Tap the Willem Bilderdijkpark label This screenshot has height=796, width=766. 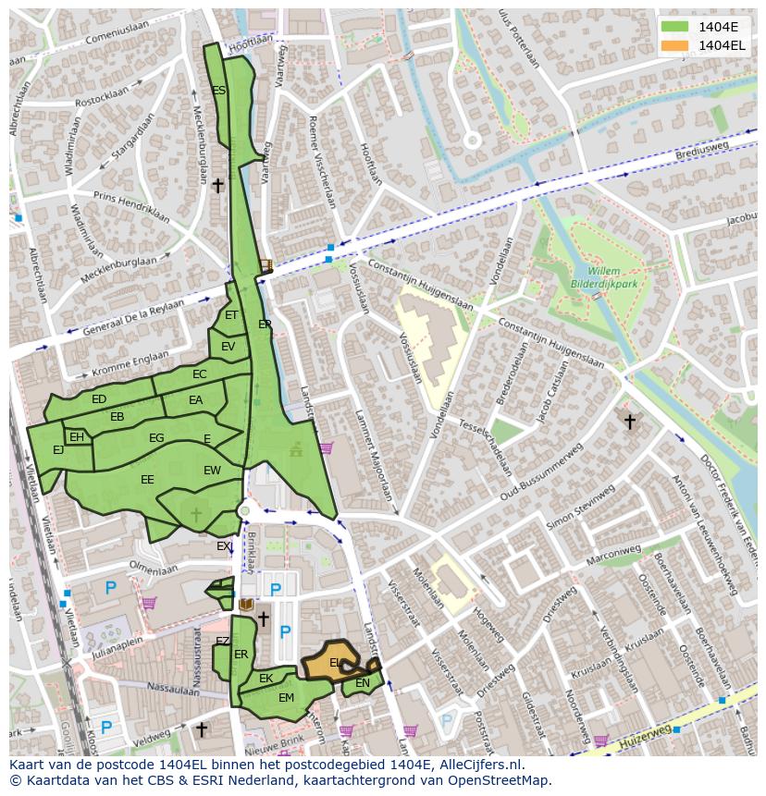[x=607, y=278]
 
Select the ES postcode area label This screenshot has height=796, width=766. [x=219, y=91]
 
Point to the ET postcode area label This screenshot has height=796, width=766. [x=231, y=315]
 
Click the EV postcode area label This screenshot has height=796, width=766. [x=228, y=347]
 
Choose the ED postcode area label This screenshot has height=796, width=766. [x=99, y=399]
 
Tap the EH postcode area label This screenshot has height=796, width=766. [x=77, y=437]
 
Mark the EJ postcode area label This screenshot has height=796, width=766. [x=58, y=450]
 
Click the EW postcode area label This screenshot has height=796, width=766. [x=212, y=471]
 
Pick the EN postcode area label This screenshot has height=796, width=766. [x=363, y=683]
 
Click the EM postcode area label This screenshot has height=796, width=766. [x=286, y=698]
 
